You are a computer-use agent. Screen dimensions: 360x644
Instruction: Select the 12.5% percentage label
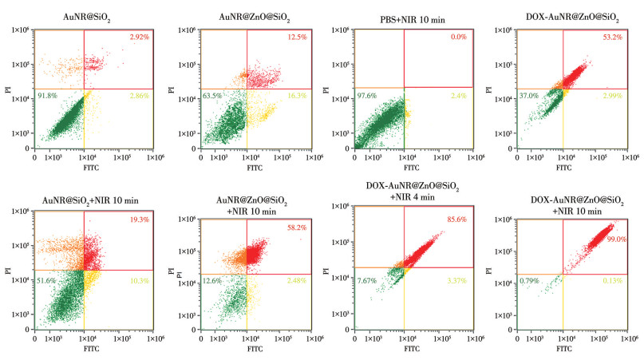(297, 38)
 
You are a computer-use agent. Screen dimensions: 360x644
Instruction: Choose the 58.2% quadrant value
(297, 228)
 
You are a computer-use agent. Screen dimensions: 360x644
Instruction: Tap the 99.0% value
(615, 228)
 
